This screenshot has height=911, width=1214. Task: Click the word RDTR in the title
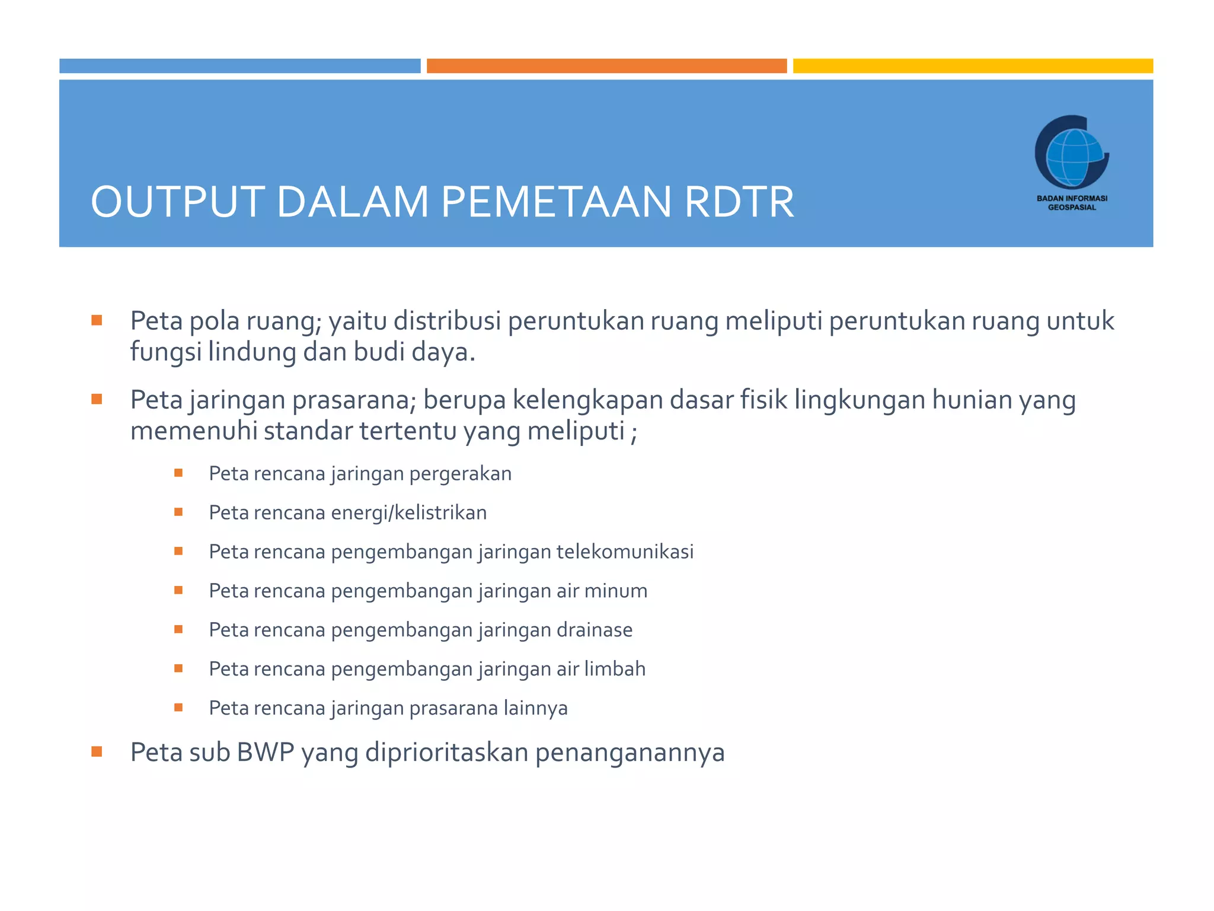click(x=739, y=202)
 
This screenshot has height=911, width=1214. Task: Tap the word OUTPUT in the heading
click(x=177, y=202)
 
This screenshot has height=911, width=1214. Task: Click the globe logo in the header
click(x=1071, y=152)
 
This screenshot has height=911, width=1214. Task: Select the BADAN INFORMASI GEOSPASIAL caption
click(x=1072, y=203)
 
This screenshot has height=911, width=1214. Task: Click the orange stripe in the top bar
click(x=606, y=66)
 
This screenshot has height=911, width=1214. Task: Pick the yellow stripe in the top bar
click(x=973, y=66)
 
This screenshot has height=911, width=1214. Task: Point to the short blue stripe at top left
click(x=239, y=66)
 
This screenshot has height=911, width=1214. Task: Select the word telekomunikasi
click(x=625, y=552)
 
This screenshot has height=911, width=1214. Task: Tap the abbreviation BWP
click(x=266, y=752)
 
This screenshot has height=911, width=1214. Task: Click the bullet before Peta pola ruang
click(x=97, y=321)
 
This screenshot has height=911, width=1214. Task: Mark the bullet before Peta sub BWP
click(x=97, y=752)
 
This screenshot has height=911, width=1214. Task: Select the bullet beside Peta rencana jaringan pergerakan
click(x=178, y=473)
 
